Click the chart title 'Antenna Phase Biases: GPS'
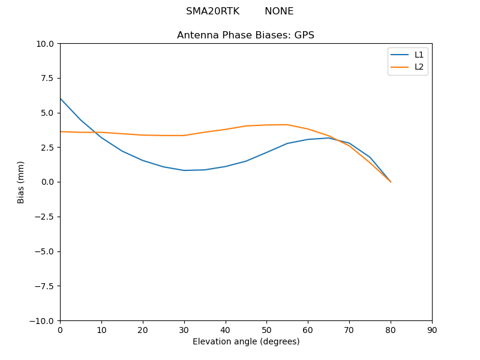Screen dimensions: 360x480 click(x=245, y=35)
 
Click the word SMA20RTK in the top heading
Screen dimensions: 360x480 click(x=212, y=11)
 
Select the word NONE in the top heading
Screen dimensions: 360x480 click(x=279, y=11)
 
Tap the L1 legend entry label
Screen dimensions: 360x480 click(x=419, y=55)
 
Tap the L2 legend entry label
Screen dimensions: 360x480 click(x=419, y=67)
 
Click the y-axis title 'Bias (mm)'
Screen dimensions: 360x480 click(x=21, y=182)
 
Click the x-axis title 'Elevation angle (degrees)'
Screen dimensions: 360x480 click(x=245, y=341)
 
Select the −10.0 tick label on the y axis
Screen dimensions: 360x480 click(x=43, y=320)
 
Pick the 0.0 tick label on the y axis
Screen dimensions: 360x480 click(x=48, y=182)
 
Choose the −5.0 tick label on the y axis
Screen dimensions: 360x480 click(x=45, y=251)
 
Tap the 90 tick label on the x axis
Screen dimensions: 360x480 click(x=432, y=329)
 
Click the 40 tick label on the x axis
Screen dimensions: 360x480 click(x=225, y=329)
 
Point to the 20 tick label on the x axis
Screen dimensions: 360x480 click(x=143, y=329)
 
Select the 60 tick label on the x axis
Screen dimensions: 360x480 click(x=308, y=329)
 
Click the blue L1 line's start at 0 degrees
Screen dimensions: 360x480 click(x=60, y=98)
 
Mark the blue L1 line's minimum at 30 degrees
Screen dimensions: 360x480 click(x=184, y=170)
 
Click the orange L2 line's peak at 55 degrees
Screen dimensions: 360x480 click(x=287, y=125)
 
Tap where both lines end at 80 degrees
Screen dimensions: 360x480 click(x=391, y=182)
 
